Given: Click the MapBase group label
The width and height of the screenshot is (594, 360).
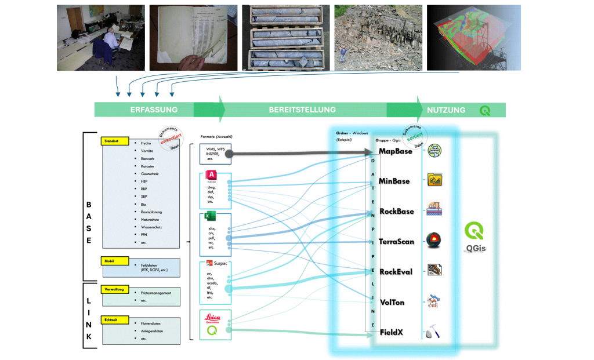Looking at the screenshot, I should (395, 151).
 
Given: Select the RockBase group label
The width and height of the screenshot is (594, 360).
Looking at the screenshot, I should (397, 212).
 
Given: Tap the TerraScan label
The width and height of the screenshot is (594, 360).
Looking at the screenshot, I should (396, 241).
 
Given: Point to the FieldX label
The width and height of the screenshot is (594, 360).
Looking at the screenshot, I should (392, 333).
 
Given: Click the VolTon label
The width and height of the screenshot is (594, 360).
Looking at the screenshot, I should (392, 303).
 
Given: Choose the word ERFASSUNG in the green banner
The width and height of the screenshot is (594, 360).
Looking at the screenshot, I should (154, 110).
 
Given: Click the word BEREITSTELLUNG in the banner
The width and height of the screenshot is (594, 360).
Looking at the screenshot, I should (302, 110).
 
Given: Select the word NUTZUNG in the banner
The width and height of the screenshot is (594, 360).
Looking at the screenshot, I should (446, 110).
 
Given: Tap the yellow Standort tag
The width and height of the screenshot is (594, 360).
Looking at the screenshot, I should (111, 140).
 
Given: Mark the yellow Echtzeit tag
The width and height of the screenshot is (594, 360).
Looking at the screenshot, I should (111, 319).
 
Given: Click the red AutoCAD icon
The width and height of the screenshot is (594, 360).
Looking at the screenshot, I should (211, 175).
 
